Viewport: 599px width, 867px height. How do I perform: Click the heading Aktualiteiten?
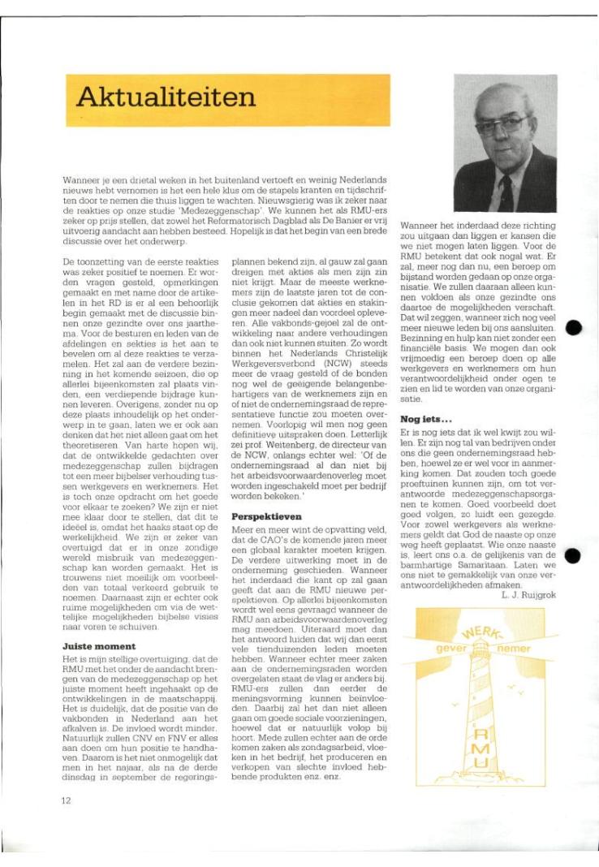pyautogui.click(x=166, y=99)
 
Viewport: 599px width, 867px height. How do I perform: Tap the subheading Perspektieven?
pyautogui.click(x=265, y=515)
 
